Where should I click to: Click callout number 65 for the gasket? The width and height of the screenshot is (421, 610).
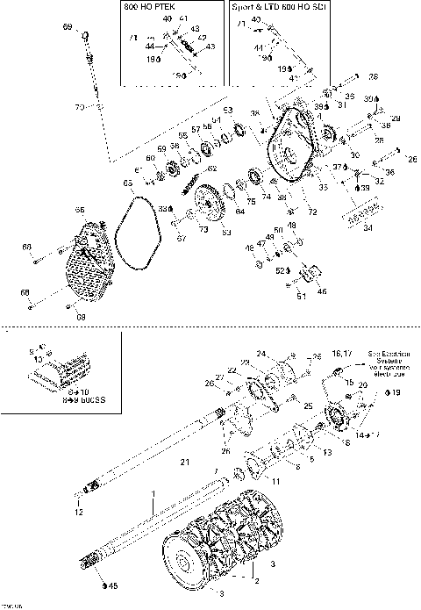[128, 183]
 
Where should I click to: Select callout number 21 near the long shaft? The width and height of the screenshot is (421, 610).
[183, 462]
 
